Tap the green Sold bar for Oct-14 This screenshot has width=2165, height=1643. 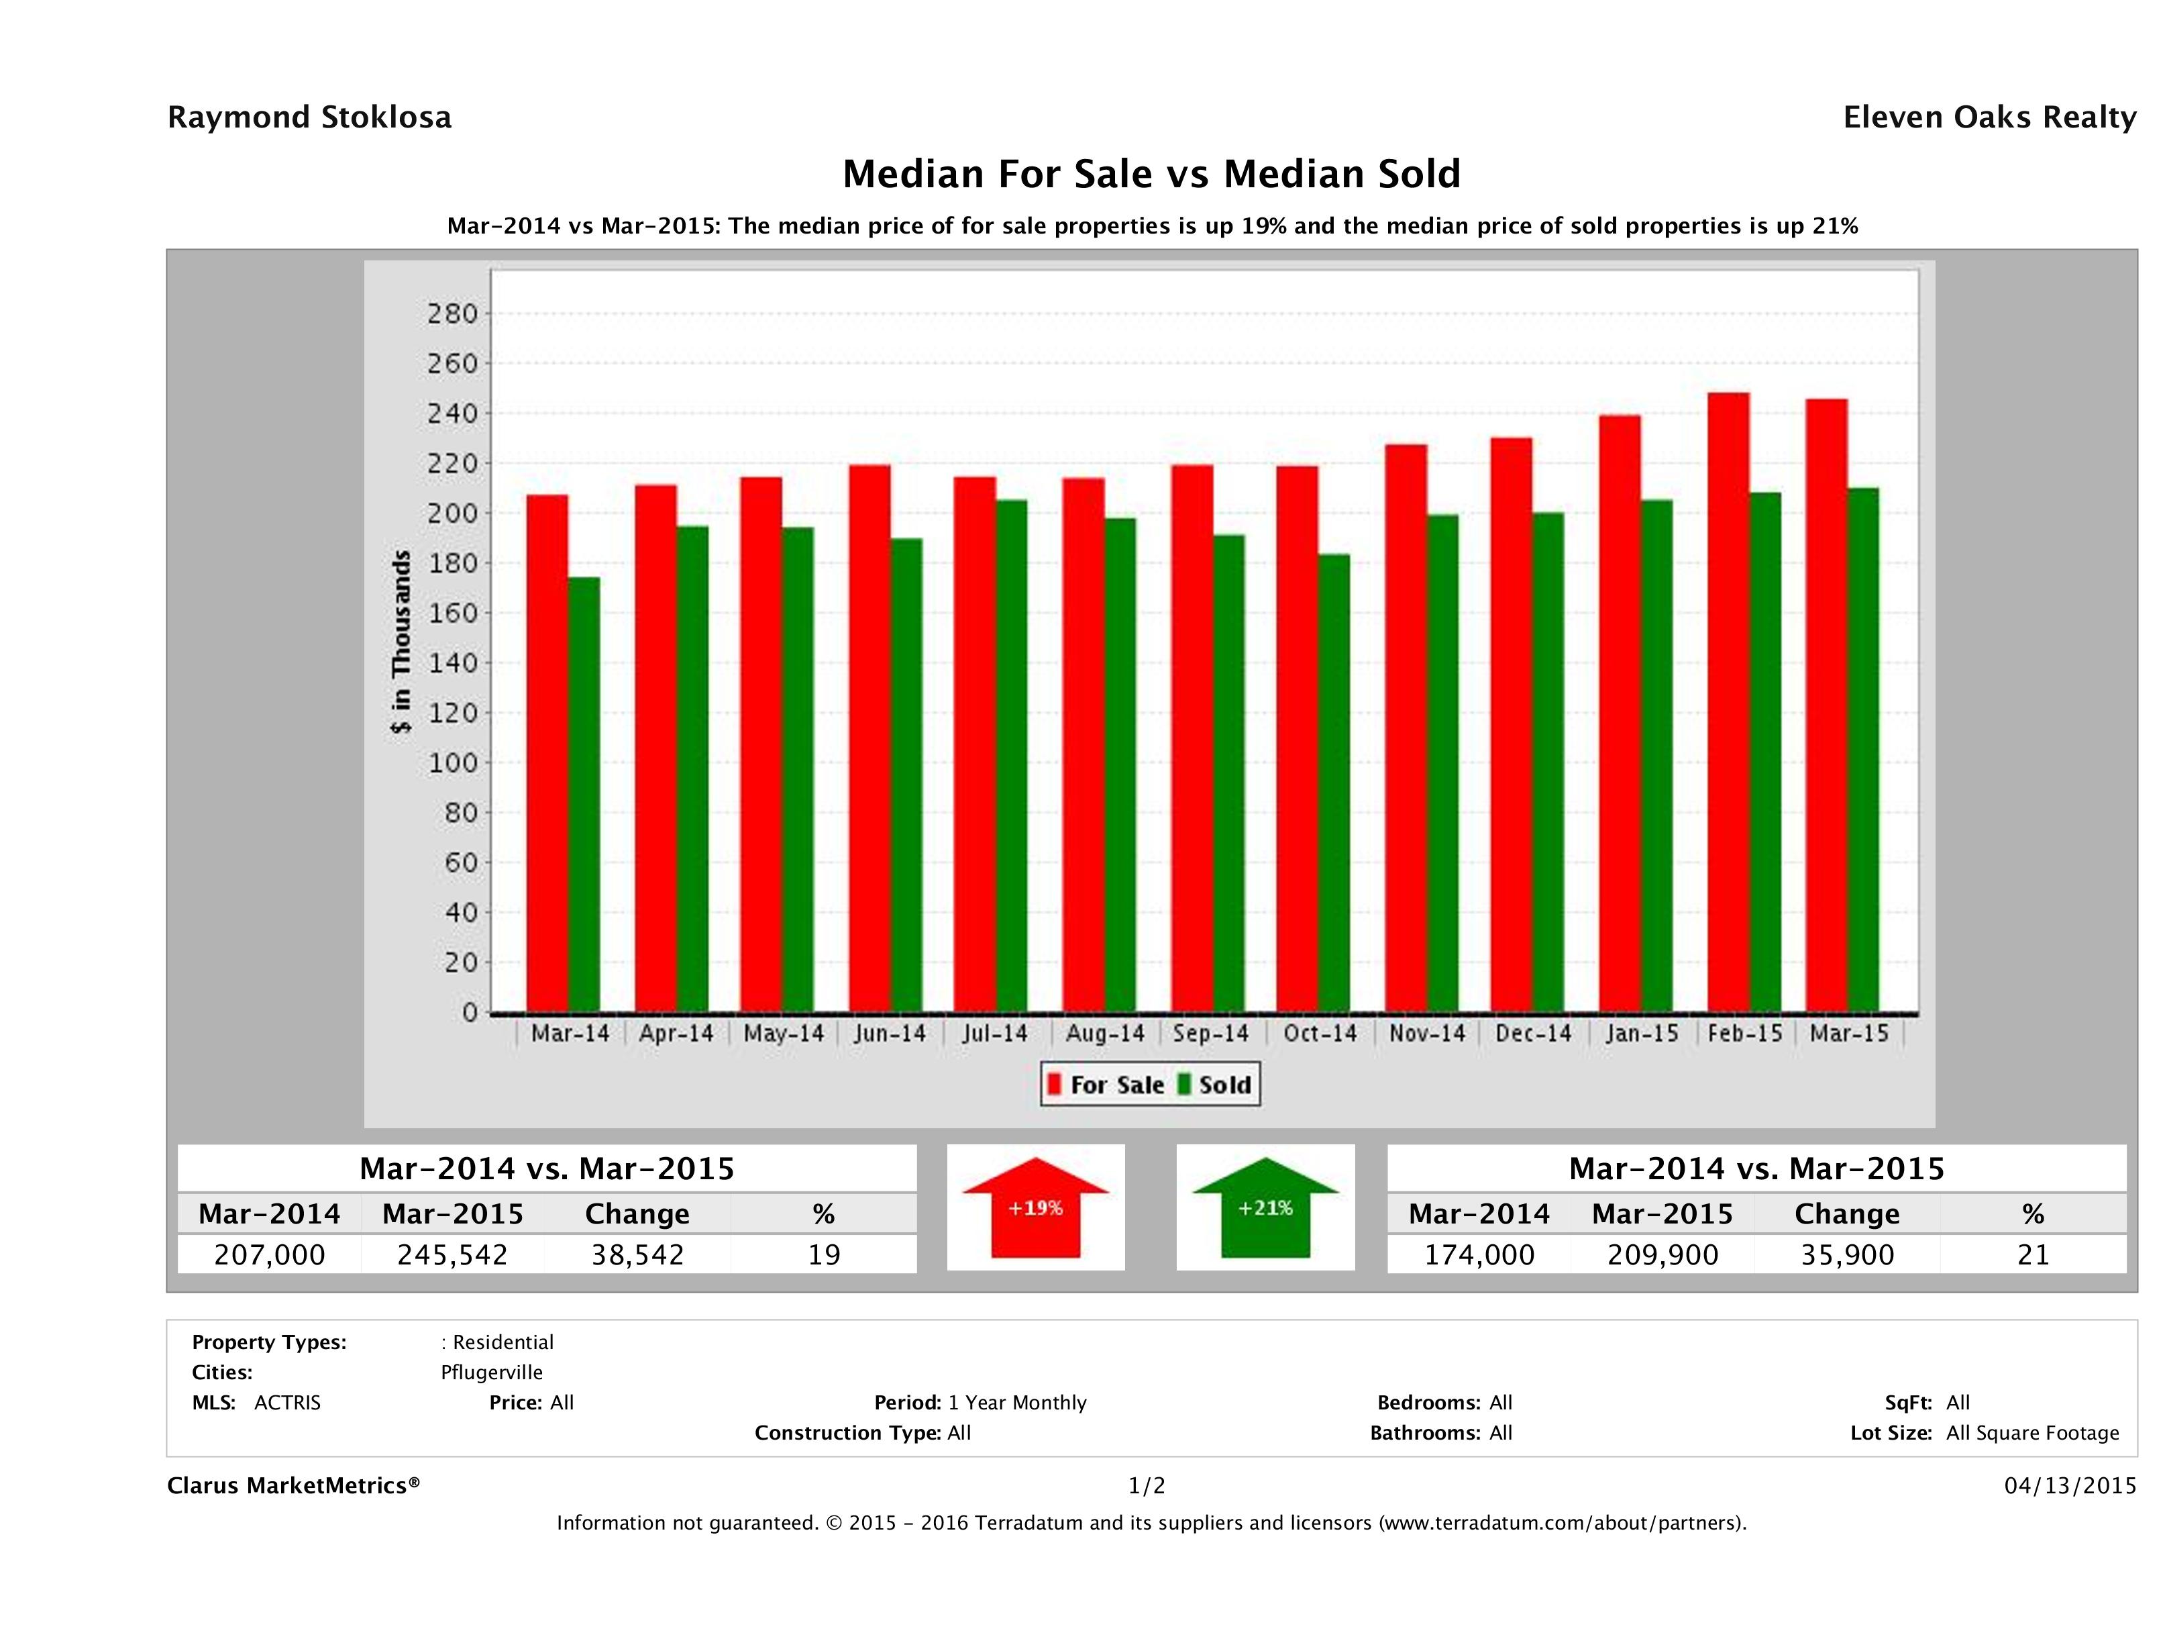click(x=1333, y=783)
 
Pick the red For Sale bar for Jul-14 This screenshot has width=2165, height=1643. click(x=974, y=744)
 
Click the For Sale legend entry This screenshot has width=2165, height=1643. click(x=1106, y=1085)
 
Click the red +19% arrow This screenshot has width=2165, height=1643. click(x=1035, y=1207)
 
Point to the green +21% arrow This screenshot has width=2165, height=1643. click(x=1265, y=1207)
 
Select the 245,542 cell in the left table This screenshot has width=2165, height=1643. click(x=452, y=1254)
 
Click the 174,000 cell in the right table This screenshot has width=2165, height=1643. click(x=1479, y=1254)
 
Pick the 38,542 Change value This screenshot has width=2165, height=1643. click(x=637, y=1254)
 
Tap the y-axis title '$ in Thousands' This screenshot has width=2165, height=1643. click(x=401, y=642)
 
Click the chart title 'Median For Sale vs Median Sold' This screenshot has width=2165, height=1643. click(x=1151, y=175)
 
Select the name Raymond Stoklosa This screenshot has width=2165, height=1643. click(x=309, y=117)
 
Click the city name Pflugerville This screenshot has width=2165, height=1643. click(x=491, y=1372)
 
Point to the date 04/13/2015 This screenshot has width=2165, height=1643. click(x=2070, y=1485)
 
